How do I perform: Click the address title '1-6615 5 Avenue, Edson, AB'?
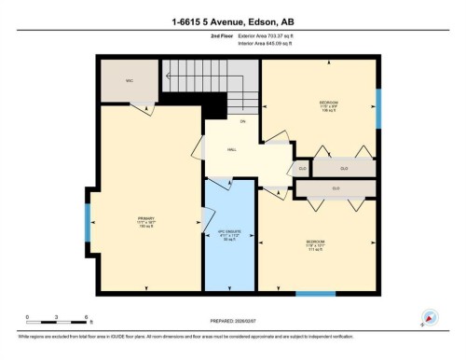click(232, 21)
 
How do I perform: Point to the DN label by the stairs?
click(241, 122)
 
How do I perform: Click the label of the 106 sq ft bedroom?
click(329, 107)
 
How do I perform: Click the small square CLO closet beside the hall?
click(301, 169)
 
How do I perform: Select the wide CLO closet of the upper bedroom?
click(344, 169)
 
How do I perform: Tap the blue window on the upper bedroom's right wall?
click(377, 108)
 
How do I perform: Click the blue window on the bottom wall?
click(315, 294)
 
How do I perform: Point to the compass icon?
click(430, 318)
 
